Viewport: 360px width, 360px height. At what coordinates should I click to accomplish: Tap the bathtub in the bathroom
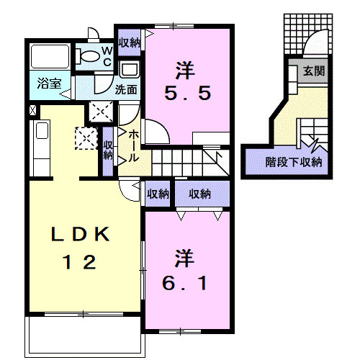[50, 56]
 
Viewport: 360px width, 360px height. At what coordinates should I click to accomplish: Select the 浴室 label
[50, 84]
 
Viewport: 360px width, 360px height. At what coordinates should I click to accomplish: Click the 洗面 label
[126, 89]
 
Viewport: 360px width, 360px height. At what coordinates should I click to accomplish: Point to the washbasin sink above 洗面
[130, 69]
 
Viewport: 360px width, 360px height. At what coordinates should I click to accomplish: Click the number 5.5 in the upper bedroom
[188, 93]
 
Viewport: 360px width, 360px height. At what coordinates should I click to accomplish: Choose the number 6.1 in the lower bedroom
[184, 283]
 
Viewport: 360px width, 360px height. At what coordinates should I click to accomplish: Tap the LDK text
[81, 234]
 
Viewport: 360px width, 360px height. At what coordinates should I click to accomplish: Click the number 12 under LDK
[79, 262]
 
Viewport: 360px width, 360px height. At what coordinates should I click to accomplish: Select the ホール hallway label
[133, 146]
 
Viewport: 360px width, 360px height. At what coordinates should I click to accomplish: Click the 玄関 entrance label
[314, 71]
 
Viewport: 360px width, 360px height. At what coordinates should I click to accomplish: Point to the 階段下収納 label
[294, 163]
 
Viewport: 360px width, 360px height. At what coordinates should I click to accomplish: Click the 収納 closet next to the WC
[130, 42]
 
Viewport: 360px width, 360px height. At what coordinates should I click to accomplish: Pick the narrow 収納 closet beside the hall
[108, 151]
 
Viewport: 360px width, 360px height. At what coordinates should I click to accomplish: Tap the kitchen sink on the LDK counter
[42, 131]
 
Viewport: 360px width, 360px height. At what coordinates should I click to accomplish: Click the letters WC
[107, 57]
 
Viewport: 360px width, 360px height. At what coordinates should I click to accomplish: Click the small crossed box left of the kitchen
[33, 110]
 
